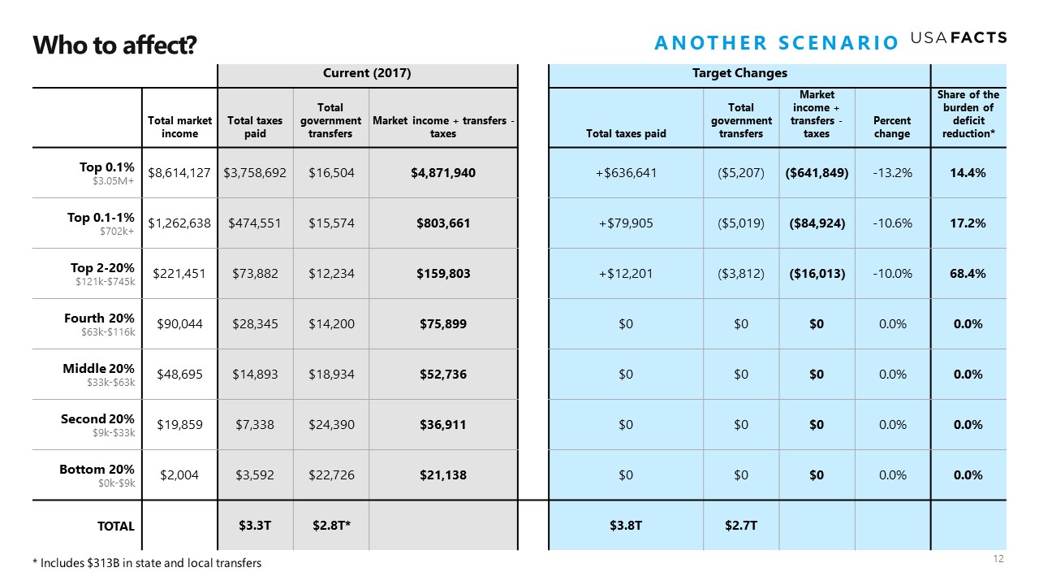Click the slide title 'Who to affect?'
pyautogui.click(x=114, y=45)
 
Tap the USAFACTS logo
pyautogui.click(x=959, y=37)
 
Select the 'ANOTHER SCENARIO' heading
pyautogui.click(x=777, y=43)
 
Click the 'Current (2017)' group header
pyautogui.click(x=367, y=73)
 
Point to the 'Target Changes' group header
pyautogui.click(x=739, y=73)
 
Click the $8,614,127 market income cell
pyautogui.click(x=179, y=173)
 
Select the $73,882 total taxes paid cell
pyautogui.click(x=255, y=274)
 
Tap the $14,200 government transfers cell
pyautogui.click(x=331, y=323)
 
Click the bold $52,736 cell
pyautogui.click(x=443, y=375)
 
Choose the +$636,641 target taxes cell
pyautogui.click(x=626, y=173)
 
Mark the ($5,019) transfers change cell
pyautogui.click(x=741, y=223)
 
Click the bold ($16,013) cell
pyautogui.click(x=817, y=274)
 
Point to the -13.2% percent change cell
pyautogui.click(x=892, y=173)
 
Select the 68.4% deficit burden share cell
pyautogui.click(x=968, y=274)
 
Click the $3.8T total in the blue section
pyautogui.click(x=626, y=526)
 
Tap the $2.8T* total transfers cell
pyautogui.click(x=331, y=526)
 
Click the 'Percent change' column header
pyautogui.click(x=892, y=127)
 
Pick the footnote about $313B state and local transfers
pyautogui.click(x=147, y=563)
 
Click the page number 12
pyautogui.click(x=998, y=558)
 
